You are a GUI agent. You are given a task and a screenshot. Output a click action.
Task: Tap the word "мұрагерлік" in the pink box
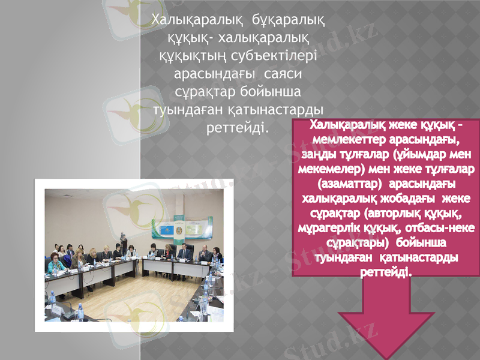tap(328, 228)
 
